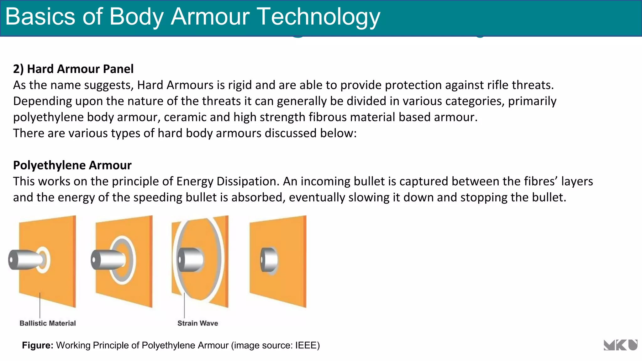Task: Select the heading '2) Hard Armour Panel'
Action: [x=73, y=69]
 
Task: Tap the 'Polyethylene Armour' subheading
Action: [x=72, y=165]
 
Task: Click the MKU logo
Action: [x=620, y=345]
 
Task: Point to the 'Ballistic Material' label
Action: [x=48, y=323]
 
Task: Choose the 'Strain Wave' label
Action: [x=197, y=323]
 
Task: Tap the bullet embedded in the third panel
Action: [x=190, y=260]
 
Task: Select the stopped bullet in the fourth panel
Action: [x=269, y=260]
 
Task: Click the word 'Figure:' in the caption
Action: [x=38, y=345]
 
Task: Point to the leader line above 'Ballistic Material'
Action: [x=40, y=306]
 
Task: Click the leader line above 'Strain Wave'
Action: [x=184, y=306]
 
